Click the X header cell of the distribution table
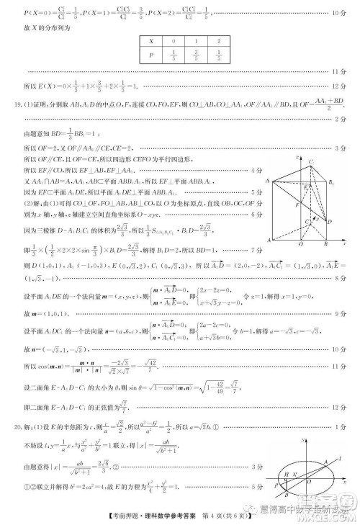coord(151,42)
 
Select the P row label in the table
coord(151,55)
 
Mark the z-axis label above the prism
coord(297,154)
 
